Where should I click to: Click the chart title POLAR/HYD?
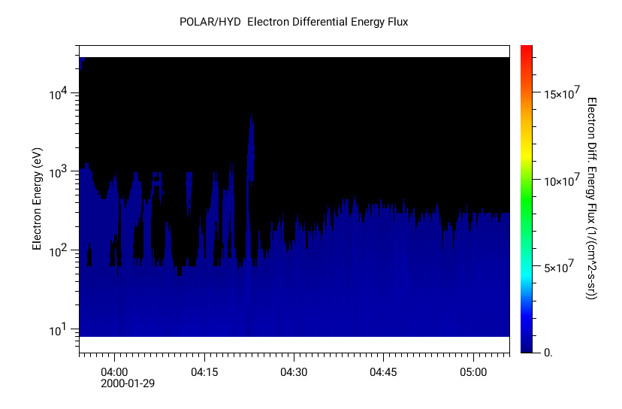210,22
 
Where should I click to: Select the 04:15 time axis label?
204,371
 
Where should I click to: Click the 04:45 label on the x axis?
383,371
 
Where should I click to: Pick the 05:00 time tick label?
473,371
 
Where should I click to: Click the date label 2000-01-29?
128,383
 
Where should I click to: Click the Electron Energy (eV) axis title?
37,198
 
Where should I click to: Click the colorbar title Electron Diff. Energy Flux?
591,198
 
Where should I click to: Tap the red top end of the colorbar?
527,50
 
